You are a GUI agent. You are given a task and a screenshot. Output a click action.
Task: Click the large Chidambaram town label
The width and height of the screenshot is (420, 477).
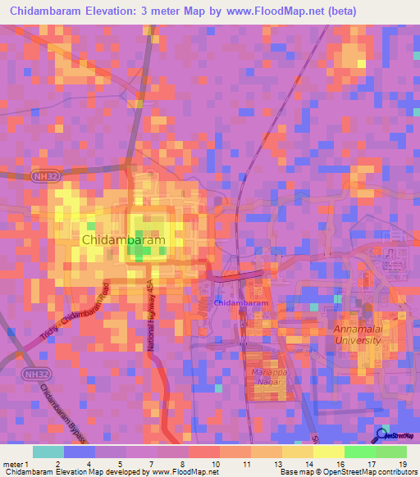(124, 239)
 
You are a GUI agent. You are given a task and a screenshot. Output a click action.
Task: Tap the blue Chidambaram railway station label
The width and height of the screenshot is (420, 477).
(241, 303)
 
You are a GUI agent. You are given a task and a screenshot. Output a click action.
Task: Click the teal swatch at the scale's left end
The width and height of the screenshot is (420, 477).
(48, 452)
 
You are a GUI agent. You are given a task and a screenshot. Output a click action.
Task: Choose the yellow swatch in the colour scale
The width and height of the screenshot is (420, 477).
(328, 452)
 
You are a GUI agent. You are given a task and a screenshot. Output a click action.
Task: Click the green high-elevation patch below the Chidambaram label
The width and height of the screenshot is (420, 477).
(138, 252)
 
